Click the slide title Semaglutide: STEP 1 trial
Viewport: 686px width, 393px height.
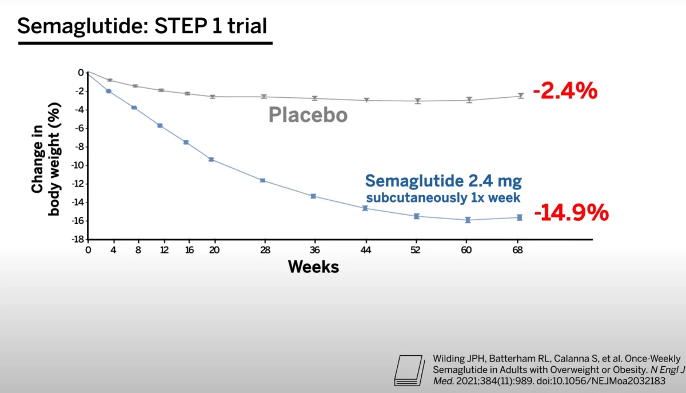point(142,26)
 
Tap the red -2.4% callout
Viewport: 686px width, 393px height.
point(565,91)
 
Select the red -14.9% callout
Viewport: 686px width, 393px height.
point(572,212)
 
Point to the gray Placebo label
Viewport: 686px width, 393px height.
point(308,115)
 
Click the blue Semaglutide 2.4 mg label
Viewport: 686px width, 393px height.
point(444,181)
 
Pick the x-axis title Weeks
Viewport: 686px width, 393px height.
point(313,267)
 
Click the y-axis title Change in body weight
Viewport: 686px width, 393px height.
point(46,159)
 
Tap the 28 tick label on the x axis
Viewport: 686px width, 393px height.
point(265,250)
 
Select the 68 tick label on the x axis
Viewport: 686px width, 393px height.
point(517,250)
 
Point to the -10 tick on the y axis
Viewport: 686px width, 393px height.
point(78,165)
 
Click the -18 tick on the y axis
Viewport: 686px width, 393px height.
point(78,239)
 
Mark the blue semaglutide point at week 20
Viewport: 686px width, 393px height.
point(212,160)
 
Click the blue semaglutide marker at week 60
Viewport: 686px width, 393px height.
point(468,220)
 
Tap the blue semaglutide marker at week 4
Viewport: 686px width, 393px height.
point(109,91)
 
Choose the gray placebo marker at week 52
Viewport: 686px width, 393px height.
point(418,101)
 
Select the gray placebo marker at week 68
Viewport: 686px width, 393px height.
point(521,96)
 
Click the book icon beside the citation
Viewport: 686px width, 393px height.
point(410,370)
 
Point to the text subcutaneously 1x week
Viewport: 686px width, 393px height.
point(443,197)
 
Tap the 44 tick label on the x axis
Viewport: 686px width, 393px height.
point(366,250)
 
